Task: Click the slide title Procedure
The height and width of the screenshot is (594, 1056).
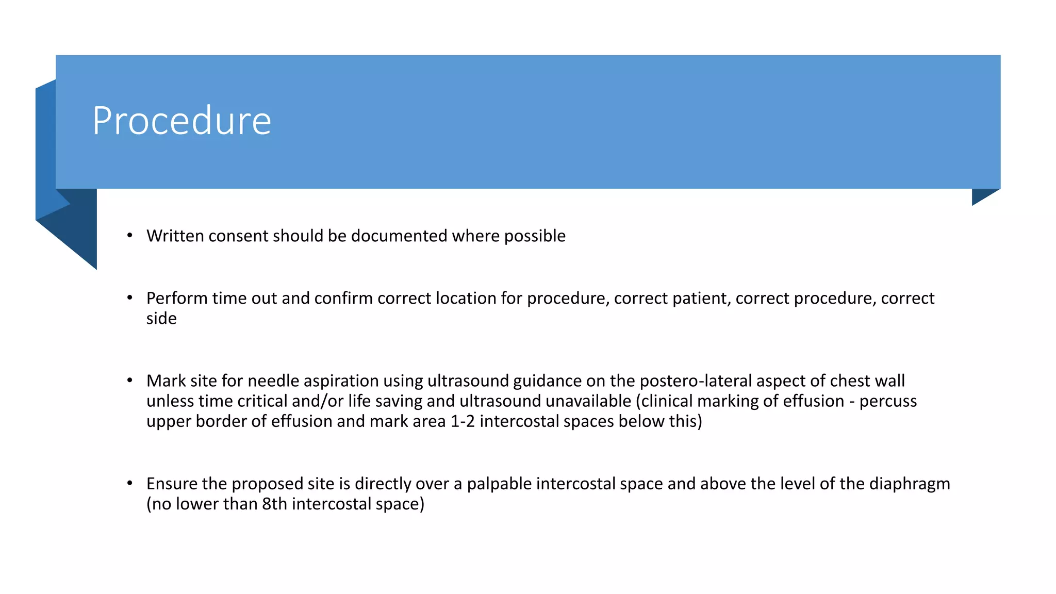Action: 181,121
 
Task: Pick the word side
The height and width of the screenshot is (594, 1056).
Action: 161,318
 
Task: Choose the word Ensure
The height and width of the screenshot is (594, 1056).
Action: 172,484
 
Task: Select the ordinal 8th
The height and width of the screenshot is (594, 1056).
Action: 274,504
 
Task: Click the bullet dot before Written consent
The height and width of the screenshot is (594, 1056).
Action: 130,236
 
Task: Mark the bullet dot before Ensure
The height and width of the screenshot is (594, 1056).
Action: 130,484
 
